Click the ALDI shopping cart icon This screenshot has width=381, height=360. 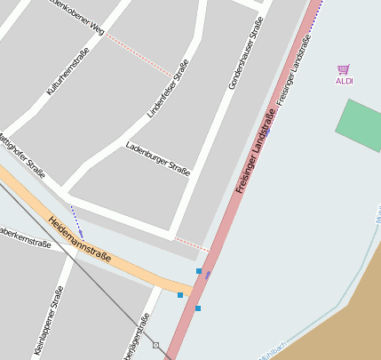tap(344, 69)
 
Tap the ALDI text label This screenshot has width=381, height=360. tap(344, 81)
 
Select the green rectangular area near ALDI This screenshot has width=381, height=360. tap(361, 125)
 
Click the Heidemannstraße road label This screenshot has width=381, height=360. tap(80, 240)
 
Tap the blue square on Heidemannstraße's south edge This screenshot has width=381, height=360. tap(180, 295)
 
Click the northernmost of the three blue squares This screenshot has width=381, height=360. tap(199, 270)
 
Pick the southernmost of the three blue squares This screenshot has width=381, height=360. tap(198, 308)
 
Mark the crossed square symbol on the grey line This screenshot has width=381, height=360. tap(155, 344)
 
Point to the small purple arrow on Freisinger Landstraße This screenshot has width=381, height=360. tap(208, 276)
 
